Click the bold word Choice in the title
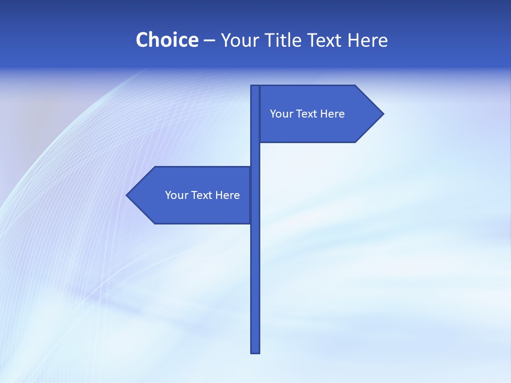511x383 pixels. [167, 40]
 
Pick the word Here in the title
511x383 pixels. [368, 40]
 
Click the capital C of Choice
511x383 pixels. [142, 40]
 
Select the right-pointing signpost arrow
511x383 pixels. [319, 114]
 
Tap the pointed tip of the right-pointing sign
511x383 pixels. [382, 113]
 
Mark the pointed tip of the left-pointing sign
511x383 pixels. [128, 195]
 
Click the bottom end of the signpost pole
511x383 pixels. [256, 351]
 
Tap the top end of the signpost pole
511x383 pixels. [256, 87]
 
